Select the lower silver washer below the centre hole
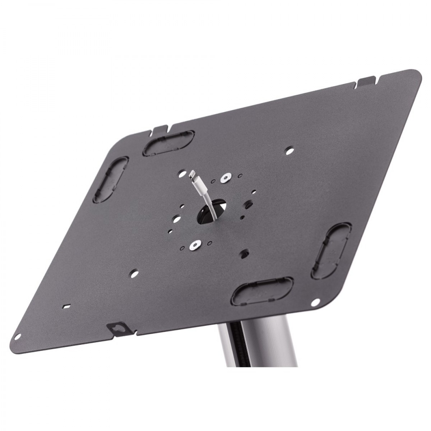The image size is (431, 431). point(195,246)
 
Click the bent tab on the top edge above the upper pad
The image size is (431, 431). point(159,129)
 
